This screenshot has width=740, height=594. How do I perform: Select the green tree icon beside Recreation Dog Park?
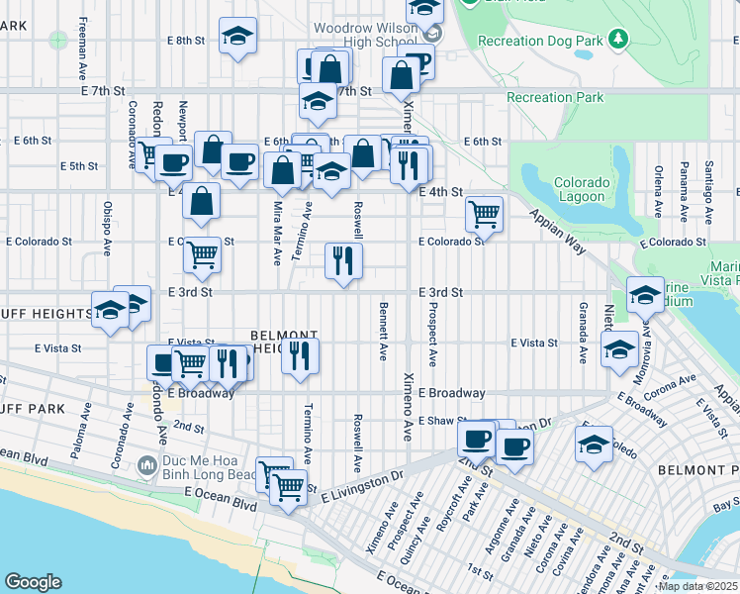[618, 39]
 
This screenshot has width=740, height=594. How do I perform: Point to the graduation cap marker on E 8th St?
[237, 37]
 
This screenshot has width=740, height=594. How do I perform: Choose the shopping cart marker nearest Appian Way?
[484, 212]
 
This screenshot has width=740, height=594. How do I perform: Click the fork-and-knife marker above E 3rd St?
[343, 261]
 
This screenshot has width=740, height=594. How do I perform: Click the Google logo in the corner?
[34, 582]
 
